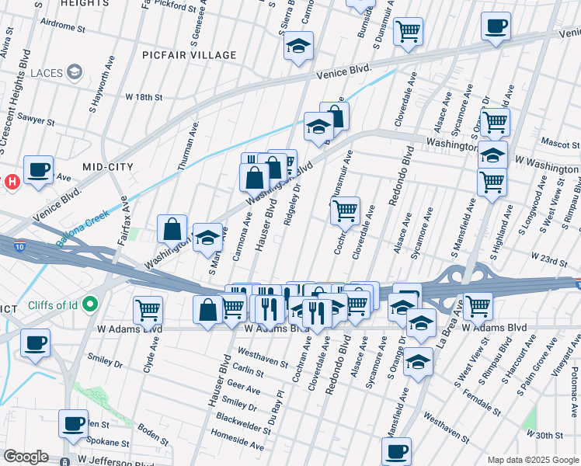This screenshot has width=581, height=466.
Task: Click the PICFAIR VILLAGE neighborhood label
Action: click(189, 55)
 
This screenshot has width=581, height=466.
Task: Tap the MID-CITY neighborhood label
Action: click(108, 167)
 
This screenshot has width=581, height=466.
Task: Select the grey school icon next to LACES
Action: click(75, 73)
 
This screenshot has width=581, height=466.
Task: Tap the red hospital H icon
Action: click(11, 183)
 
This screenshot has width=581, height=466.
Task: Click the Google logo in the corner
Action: click(26, 457)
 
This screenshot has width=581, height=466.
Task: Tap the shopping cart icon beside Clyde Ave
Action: click(148, 310)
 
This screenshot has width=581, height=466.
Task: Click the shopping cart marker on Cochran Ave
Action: click(344, 210)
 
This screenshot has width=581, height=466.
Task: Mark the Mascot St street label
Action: click(555, 143)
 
